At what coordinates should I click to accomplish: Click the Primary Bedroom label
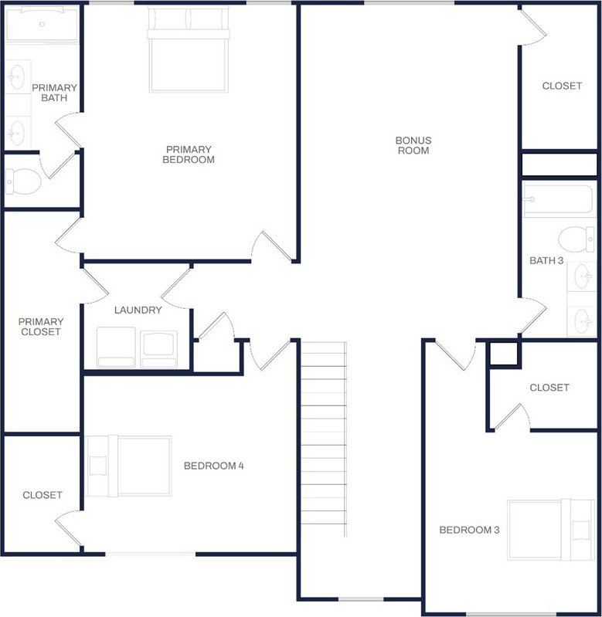click(x=189, y=154)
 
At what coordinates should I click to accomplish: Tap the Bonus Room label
click(x=413, y=145)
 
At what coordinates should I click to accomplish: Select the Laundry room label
click(x=138, y=310)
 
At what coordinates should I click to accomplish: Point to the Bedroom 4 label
click(x=213, y=466)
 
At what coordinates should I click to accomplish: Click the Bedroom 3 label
click(x=469, y=530)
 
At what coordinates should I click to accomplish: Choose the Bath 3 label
click(x=546, y=260)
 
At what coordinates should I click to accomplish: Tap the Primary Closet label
click(x=41, y=327)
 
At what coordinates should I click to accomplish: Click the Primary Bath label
click(x=54, y=93)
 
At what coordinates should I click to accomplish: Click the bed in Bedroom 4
click(x=129, y=466)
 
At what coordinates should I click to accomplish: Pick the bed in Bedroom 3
click(x=550, y=529)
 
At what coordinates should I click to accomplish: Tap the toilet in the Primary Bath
click(x=23, y=182)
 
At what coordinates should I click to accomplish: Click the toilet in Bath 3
click(x=576, y=239)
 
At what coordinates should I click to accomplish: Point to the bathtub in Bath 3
click(x=558, y=200)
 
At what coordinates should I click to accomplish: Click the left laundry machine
click(x=116, y=346)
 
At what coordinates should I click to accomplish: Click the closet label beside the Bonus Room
click(x=562, y=86)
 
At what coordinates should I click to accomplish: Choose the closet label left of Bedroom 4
click(x=43, y=495)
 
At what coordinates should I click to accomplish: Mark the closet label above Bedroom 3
click(x=549, y=388)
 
